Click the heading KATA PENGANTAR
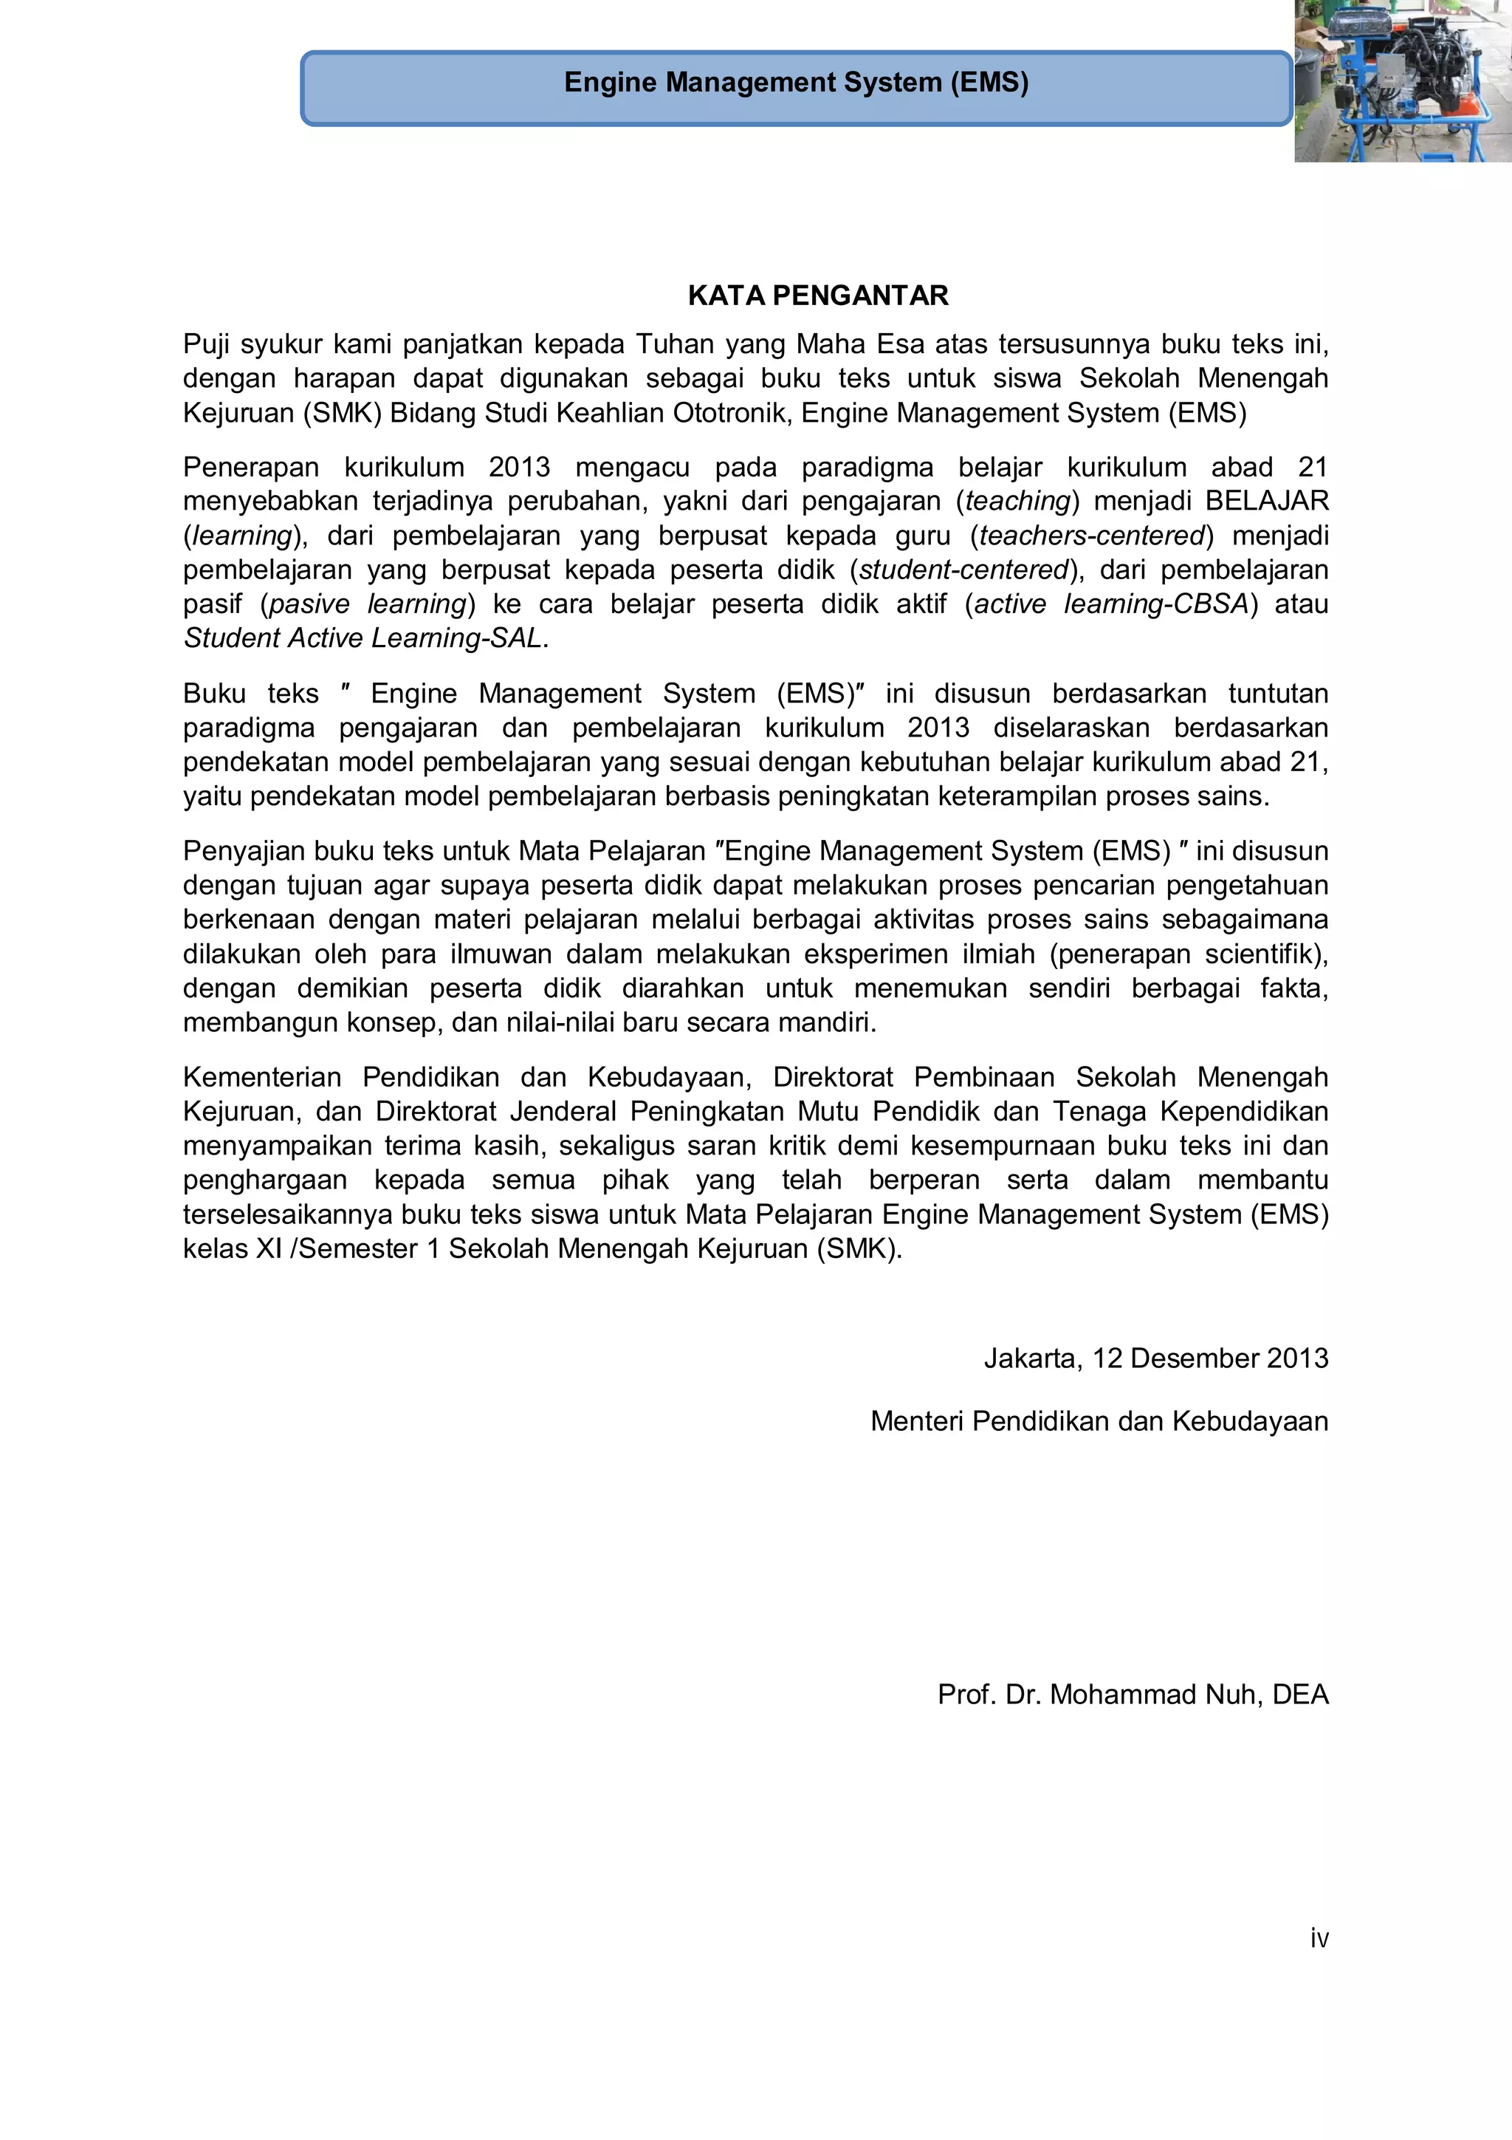(x=817, y=295)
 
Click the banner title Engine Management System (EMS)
(x=796, y=83)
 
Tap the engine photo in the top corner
(x=1402, y=82)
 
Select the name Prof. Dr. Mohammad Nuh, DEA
(x=1132, y=1694)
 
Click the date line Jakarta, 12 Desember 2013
(x=1155, y=1358)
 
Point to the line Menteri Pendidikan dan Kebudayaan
(x=1099, y=1421)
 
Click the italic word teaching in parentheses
(x=1017, y=502)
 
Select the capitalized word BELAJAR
(x=1266, y=502)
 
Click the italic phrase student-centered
(x=963, y=570)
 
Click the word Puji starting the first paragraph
(x=206, y=345)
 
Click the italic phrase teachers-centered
(x=1092, y=536)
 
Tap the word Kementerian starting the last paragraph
(x=262, y=1078)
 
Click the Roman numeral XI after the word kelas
(x=269, y=1249)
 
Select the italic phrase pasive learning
(x=367, y=604)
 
